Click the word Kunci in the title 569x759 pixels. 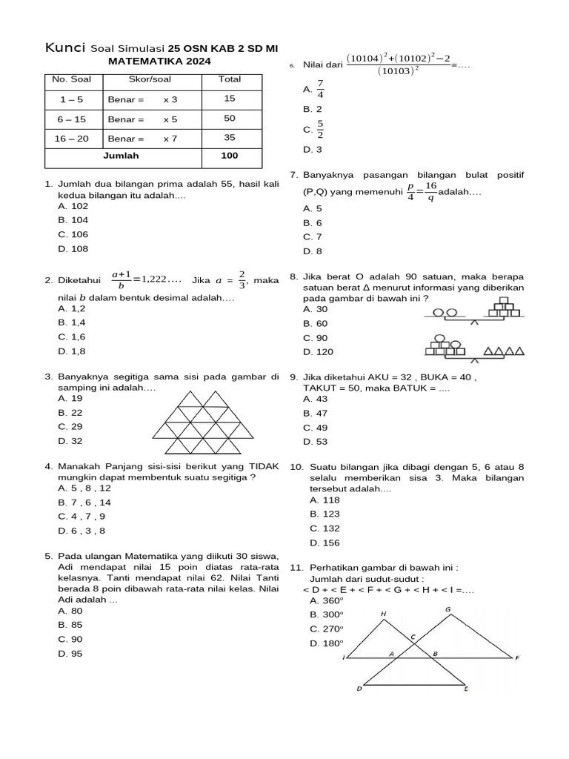tap(65, 48)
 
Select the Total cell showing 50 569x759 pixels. tap(230, 119)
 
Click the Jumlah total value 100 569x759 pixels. tap(230, 156)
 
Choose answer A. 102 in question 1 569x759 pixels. tap(73, 206)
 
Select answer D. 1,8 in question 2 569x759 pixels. tap(72, 351)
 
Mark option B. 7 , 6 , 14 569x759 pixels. tap(84, 502)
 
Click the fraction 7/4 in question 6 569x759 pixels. tap(320, 89)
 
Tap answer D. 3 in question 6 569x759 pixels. tap(312, 150)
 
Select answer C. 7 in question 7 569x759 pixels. tap(312, 237)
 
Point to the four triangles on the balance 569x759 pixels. tap(505, 351)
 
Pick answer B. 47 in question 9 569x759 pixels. tap(315, 413)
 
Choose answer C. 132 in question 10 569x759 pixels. tap(325, 528)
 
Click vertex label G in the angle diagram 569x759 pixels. tap(447, 609)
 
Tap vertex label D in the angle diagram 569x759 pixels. tap(359, 689)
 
